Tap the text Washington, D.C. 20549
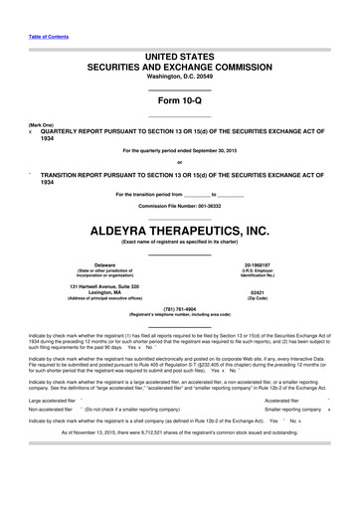pos(179,73)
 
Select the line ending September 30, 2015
pos(179,150)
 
